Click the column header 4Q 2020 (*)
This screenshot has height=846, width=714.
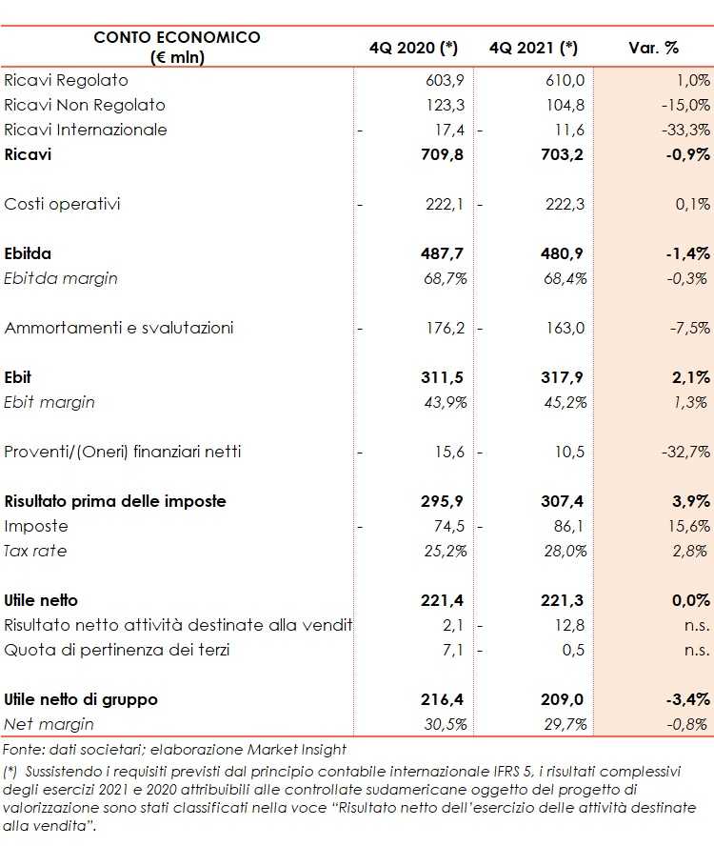pos(414,48)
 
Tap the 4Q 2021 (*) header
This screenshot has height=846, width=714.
pos(533,48)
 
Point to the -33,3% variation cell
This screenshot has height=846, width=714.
pos(685,130)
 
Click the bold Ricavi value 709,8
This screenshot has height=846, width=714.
pos(439,154)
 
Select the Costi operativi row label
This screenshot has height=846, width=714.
pos(63,204)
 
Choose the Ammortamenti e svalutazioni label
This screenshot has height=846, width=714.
pos(119,328)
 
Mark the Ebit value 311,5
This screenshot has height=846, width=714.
pos(442,377)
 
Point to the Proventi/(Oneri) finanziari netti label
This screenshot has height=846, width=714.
pos(123,452)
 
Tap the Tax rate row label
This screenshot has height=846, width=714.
pos(35,551)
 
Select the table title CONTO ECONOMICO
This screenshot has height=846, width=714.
pos(177,37)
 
